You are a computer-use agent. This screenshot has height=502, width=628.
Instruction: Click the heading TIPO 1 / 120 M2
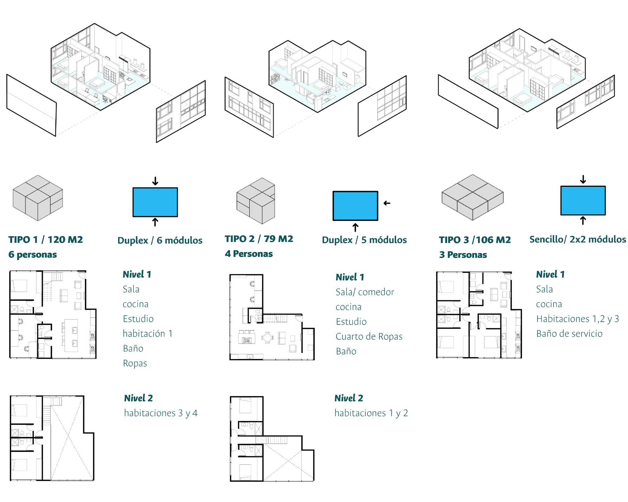click(x=46, y=240)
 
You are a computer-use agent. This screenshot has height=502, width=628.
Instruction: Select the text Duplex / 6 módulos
click(x=160, y=240)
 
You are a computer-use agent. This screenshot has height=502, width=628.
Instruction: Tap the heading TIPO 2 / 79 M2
click(x=259, y=239)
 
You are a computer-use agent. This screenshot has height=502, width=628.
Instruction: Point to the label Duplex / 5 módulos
click(x=364, y=240)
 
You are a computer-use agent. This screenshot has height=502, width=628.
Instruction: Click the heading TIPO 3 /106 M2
click(x=475, y=240)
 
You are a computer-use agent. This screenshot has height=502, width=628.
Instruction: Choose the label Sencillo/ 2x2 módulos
click(x=577, y=239)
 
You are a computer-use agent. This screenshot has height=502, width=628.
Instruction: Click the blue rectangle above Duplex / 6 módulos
click(x=155, y=202)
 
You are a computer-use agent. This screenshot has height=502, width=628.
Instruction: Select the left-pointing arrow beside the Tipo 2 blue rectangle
click(x=387, y=203)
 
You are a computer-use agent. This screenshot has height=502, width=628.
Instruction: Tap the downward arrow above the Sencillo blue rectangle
click(x=583, y=179)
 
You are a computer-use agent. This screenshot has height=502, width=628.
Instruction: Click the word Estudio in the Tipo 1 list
click(x=138, y=319)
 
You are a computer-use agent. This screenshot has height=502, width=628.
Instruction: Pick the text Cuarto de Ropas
click(x=369, y=336)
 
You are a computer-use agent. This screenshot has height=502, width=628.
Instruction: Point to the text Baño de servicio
click(x=569, y=333)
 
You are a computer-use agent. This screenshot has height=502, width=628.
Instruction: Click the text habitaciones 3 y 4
click(x=161, y=413)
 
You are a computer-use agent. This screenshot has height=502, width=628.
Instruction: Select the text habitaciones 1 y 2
click(x=371, y=413)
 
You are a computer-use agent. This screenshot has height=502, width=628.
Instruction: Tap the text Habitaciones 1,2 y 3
click(x=577, y=319)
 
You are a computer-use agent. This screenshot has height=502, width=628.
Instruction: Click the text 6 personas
click(x=33, y=255)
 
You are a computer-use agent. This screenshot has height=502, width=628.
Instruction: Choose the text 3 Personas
click(x=463, y=255)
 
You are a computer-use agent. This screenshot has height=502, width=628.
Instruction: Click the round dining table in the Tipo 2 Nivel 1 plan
click(x=268, y=338)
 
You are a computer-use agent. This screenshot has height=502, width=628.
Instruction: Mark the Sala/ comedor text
click(x=365, y=292)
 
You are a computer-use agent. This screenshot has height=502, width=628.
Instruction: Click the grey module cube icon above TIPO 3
click(x=472, y=197)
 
